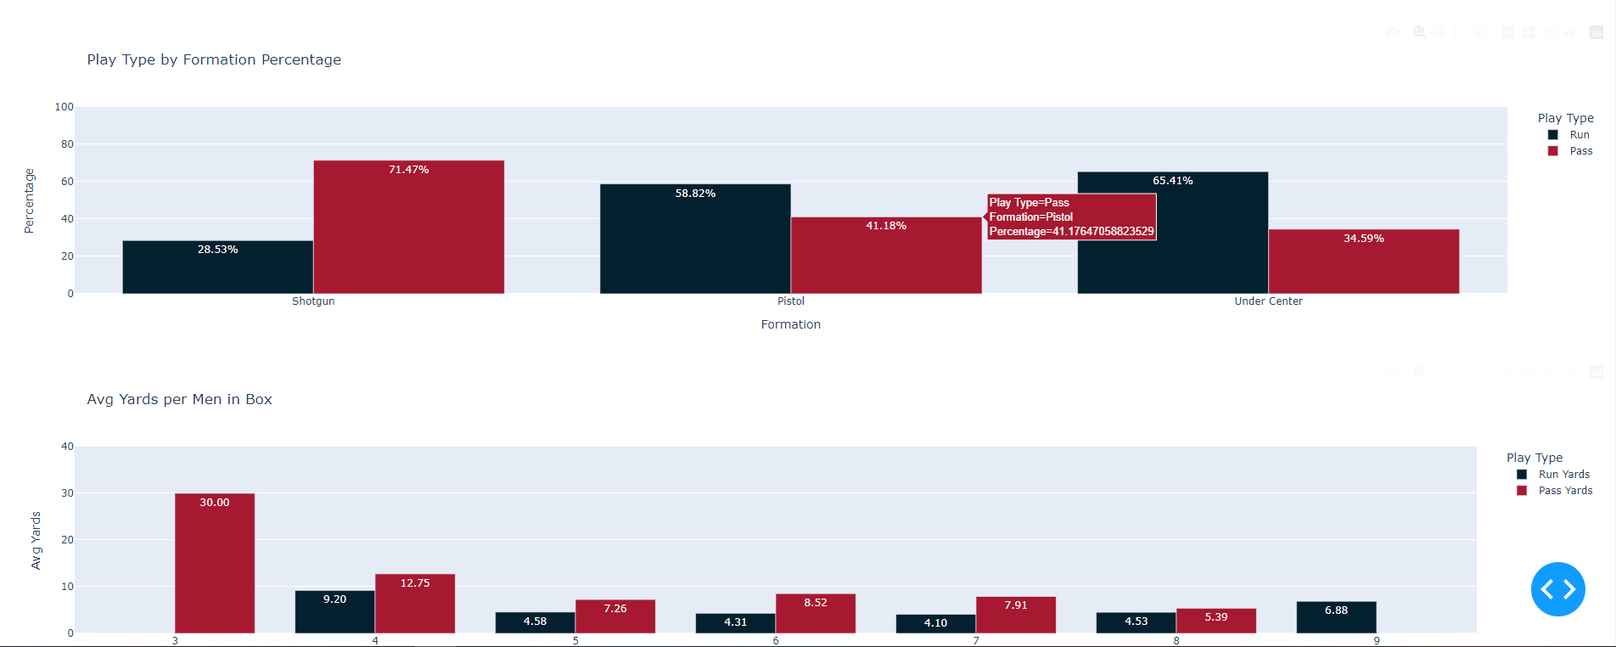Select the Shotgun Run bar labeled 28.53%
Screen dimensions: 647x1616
[217, 267]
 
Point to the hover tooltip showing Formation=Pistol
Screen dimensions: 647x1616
[1071, 217]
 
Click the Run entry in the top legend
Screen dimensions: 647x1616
[1579, 135]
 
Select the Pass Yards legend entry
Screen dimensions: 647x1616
[1564, 491]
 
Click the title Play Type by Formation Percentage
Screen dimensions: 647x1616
[214, 59]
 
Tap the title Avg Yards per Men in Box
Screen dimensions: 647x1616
[179, 399]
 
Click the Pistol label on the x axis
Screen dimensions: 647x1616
[790, 301]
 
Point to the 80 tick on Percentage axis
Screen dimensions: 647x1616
[67, 144]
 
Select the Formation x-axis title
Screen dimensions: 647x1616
[790, 324]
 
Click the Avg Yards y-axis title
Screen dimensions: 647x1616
[36, 540]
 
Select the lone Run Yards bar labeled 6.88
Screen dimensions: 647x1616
[1336, 617]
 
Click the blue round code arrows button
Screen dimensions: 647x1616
[1557, 589]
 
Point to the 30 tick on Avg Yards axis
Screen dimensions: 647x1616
[67, 493]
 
